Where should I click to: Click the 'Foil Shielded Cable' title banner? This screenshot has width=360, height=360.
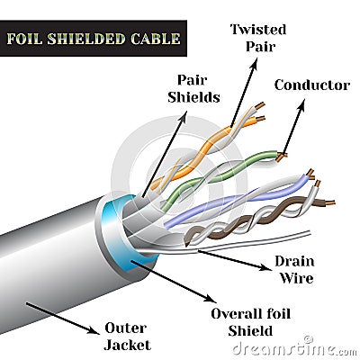pos(94,39)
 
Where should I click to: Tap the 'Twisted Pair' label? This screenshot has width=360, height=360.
pos(257,38)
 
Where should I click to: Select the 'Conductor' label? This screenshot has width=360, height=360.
pos(311,85)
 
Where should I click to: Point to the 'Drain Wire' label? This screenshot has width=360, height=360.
pos(295,270)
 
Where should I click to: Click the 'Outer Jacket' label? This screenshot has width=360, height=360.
pos(127,336)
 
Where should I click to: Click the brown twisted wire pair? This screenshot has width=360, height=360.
pos(261,217)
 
